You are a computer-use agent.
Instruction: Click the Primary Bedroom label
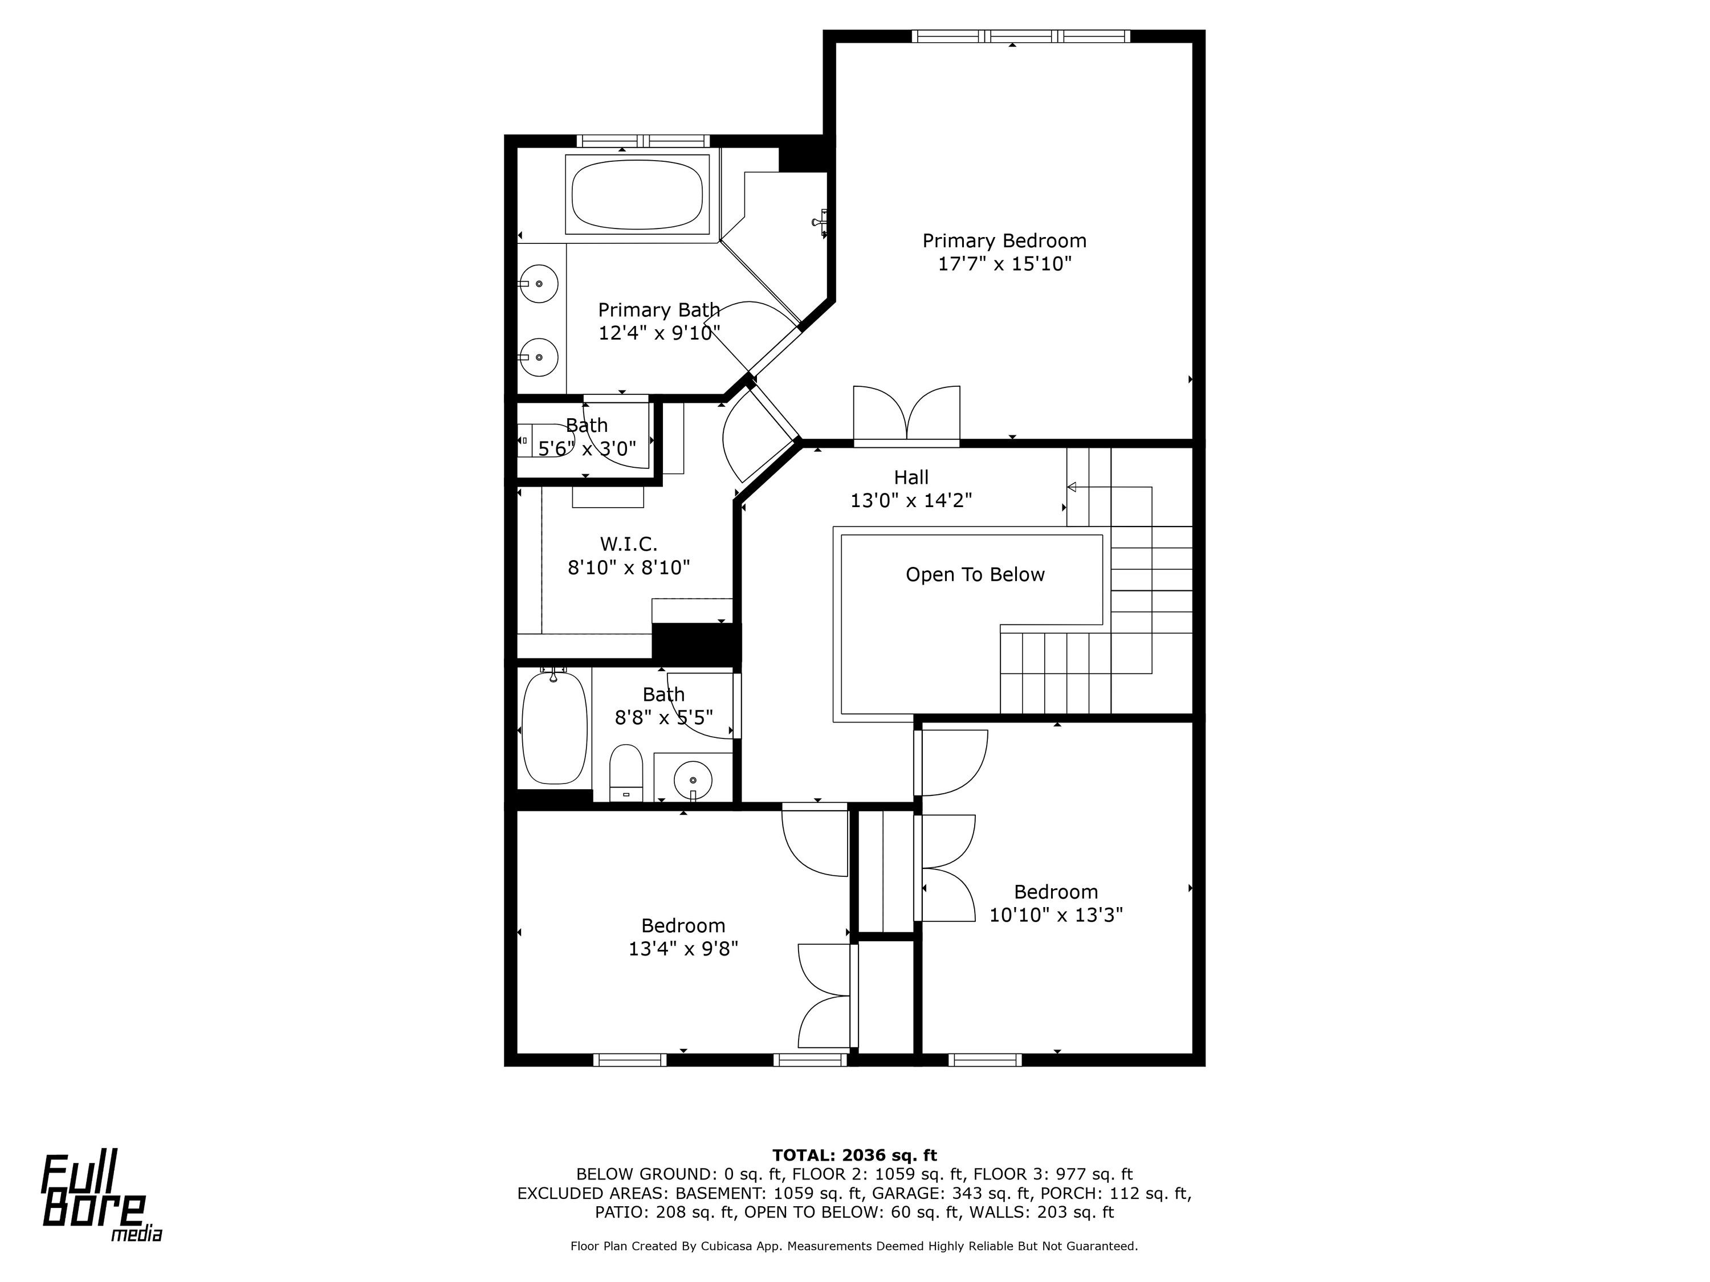click(1004, 241)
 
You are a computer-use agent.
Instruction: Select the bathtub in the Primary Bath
click(637, 194)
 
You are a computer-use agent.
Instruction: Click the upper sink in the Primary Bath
click(539, 284)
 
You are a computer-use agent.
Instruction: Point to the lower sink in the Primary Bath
click(539, 357)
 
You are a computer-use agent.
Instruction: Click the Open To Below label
click(975, 575)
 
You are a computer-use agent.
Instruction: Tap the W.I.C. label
click(629, 545)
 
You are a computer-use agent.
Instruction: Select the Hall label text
click(911, 477)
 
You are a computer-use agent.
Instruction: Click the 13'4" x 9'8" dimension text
click(683, 949)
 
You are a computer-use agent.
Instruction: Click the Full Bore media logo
click(101, 1199)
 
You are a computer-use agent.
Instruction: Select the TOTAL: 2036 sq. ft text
click(854, 1156)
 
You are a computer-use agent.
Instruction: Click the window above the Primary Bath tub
click(643, 141)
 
